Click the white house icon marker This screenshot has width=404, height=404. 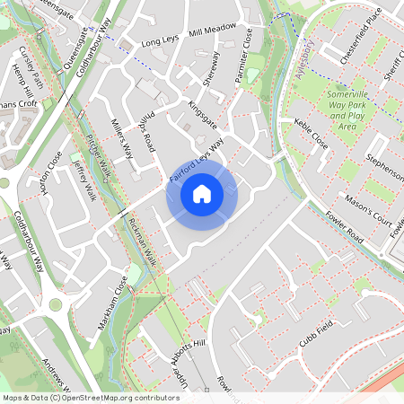[x=202, y=194]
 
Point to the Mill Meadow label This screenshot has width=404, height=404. [x=214, y=30]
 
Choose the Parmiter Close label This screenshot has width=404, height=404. [x=243, y=56]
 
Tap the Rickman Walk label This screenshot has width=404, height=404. [x=143, y=243]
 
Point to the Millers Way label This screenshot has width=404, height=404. [x=121, y=136]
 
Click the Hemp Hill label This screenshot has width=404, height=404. [x=24, y=81]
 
